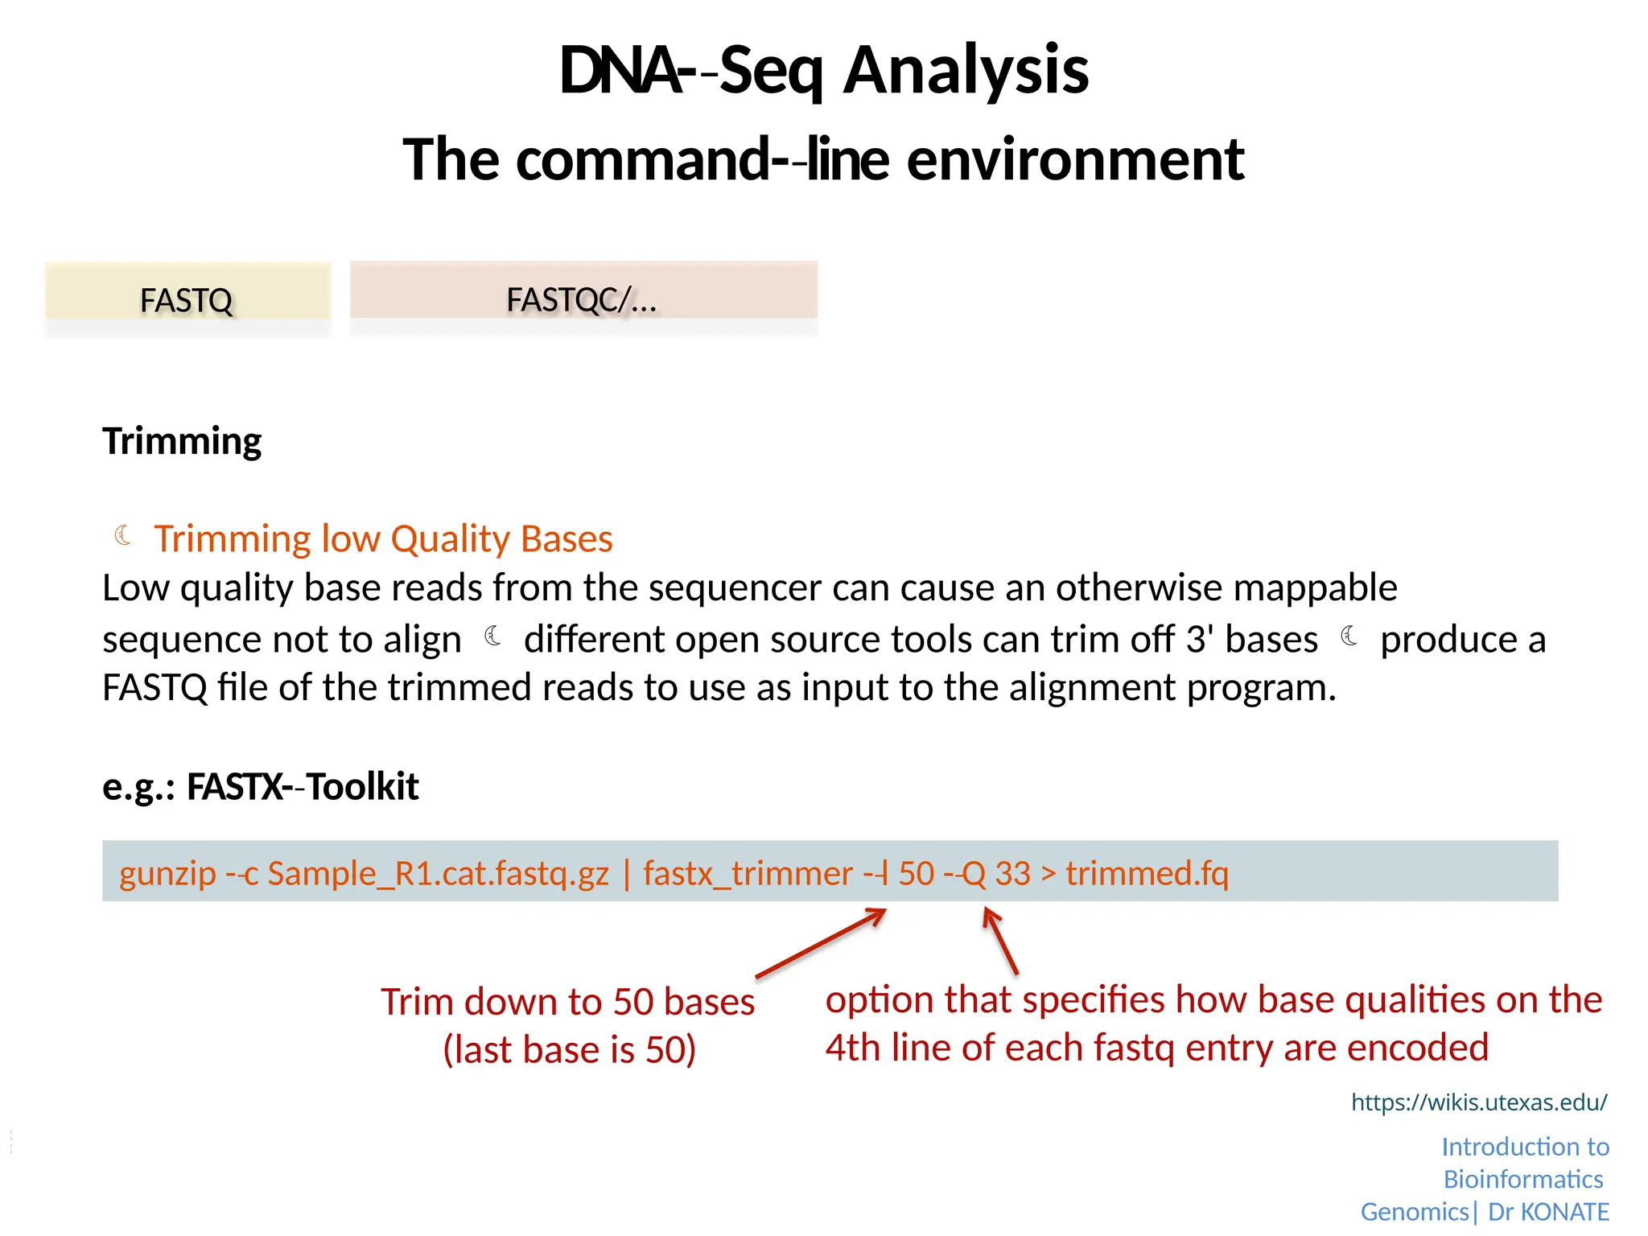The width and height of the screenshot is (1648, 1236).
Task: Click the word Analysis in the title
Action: (x=966, y=71)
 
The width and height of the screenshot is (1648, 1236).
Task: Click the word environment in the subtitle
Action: (x=1075, y=159)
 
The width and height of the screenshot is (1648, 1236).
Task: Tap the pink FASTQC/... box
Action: (x=583, y=298)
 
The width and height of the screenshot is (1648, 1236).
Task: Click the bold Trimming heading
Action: (x=182, y=441)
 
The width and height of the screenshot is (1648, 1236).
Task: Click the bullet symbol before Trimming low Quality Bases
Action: (x=123, y=535)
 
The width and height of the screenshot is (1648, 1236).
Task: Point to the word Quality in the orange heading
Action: (x=451, y=538)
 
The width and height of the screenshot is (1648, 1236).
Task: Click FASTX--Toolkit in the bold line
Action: (x=303, y=786)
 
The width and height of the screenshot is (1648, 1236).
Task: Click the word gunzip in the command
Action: (x=167, y=874)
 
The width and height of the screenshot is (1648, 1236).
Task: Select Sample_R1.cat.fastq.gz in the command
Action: (x=438, y=874)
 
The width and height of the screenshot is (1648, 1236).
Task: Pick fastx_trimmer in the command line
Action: (x=748, y=874)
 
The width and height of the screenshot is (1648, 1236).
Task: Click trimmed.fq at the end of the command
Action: (x=1147, y=874)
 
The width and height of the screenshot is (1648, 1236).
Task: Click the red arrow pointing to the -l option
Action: (x=821, y=943)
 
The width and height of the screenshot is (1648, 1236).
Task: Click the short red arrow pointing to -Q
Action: (x=1001, y=940)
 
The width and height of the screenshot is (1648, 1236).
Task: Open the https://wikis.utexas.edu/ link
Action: (x=1479, y=1102)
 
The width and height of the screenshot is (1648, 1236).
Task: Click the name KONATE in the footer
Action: (x=1564, y=1212)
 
